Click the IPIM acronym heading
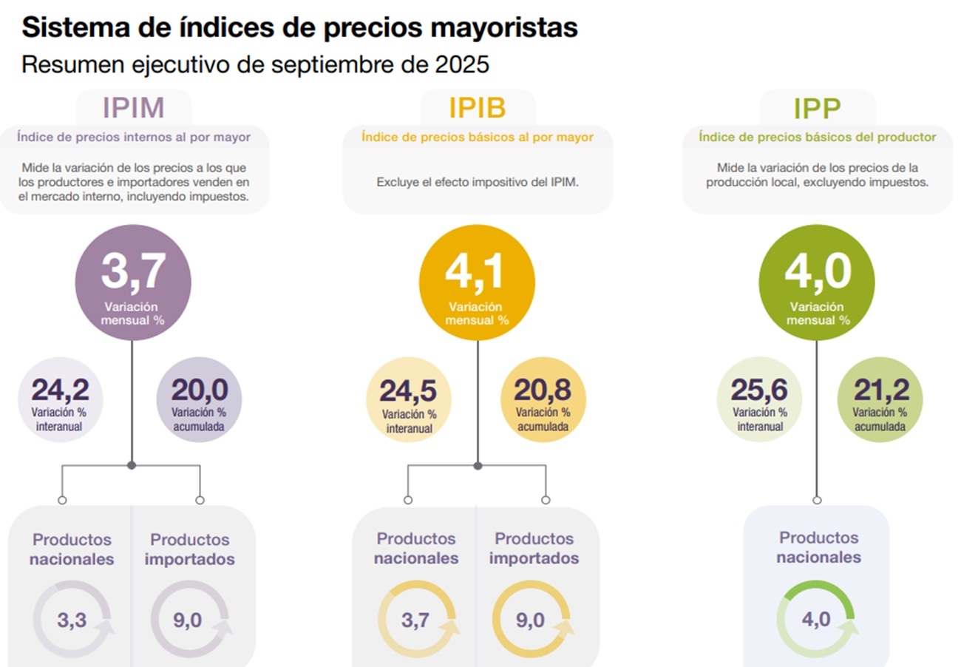point(133,108)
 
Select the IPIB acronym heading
point(478,108)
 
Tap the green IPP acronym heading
point(817,109)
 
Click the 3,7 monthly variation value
point(133,271)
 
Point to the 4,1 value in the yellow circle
point(475,271)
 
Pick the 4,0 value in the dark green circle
point(817,271)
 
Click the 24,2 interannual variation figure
point(59,390)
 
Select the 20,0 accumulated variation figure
point(200,390)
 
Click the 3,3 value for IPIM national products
point(71,620)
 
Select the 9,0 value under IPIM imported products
point(187,620)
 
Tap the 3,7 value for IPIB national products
point(415,620)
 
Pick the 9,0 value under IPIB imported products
point(530,620)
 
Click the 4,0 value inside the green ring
point(816,619)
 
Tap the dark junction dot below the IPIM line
point(132,465)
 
